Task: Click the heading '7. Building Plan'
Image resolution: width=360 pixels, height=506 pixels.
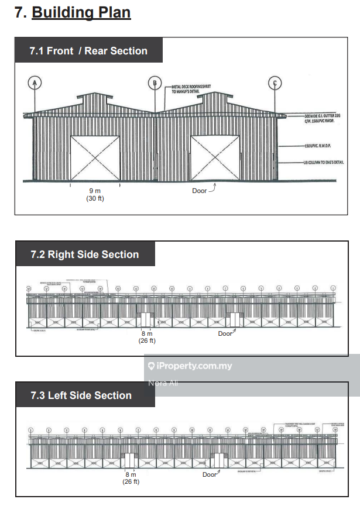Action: tap(73, 13)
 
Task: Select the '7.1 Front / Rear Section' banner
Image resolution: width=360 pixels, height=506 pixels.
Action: tap(88, 51)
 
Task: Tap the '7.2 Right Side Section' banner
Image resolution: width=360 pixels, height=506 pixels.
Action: tap(85, 254)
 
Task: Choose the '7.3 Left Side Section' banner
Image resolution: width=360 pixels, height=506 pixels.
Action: tap(81, 395)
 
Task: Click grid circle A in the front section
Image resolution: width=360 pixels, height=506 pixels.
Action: tap(36, 83)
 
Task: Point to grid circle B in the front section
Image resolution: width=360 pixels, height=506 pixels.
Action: tap(155, 83)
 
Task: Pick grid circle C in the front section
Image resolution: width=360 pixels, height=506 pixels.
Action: tap(275, 83)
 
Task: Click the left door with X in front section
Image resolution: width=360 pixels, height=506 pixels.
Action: tap(95, 158)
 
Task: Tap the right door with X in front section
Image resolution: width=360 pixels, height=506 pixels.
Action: tap(215, 158)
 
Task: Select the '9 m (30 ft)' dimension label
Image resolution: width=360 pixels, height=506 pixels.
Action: tap(95, 194)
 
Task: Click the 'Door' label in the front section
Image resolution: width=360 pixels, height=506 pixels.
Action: tap(200, 191)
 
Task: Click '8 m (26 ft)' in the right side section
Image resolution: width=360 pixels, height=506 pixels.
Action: tap(146, 338)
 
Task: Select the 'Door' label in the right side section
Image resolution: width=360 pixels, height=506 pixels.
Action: tap(225, 333)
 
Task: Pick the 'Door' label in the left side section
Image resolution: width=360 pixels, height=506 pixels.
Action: tap(210, 474)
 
